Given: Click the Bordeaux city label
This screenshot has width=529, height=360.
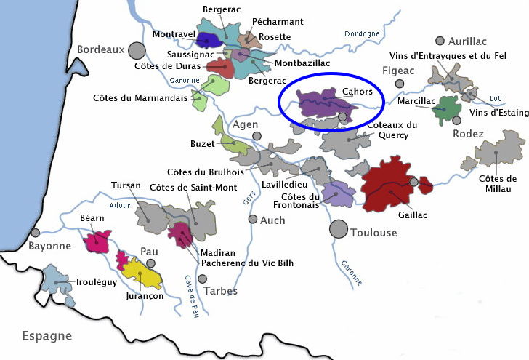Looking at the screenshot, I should (101, 49).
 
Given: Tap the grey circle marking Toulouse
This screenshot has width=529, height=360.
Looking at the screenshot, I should (338, 229).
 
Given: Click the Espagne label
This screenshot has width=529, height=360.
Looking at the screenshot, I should (47, 336).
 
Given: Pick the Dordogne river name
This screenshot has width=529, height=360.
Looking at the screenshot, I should (363, 33).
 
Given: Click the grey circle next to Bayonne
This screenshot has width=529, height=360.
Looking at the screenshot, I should (36, 233).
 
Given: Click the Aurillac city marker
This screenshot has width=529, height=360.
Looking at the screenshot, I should (439, 41).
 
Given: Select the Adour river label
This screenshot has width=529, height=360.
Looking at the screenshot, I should (117, 206).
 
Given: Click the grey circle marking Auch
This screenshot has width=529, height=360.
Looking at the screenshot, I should (252, 219).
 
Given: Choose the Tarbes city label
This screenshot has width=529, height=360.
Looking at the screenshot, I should (221, 291).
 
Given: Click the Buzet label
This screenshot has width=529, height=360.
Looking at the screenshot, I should (203, 144).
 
